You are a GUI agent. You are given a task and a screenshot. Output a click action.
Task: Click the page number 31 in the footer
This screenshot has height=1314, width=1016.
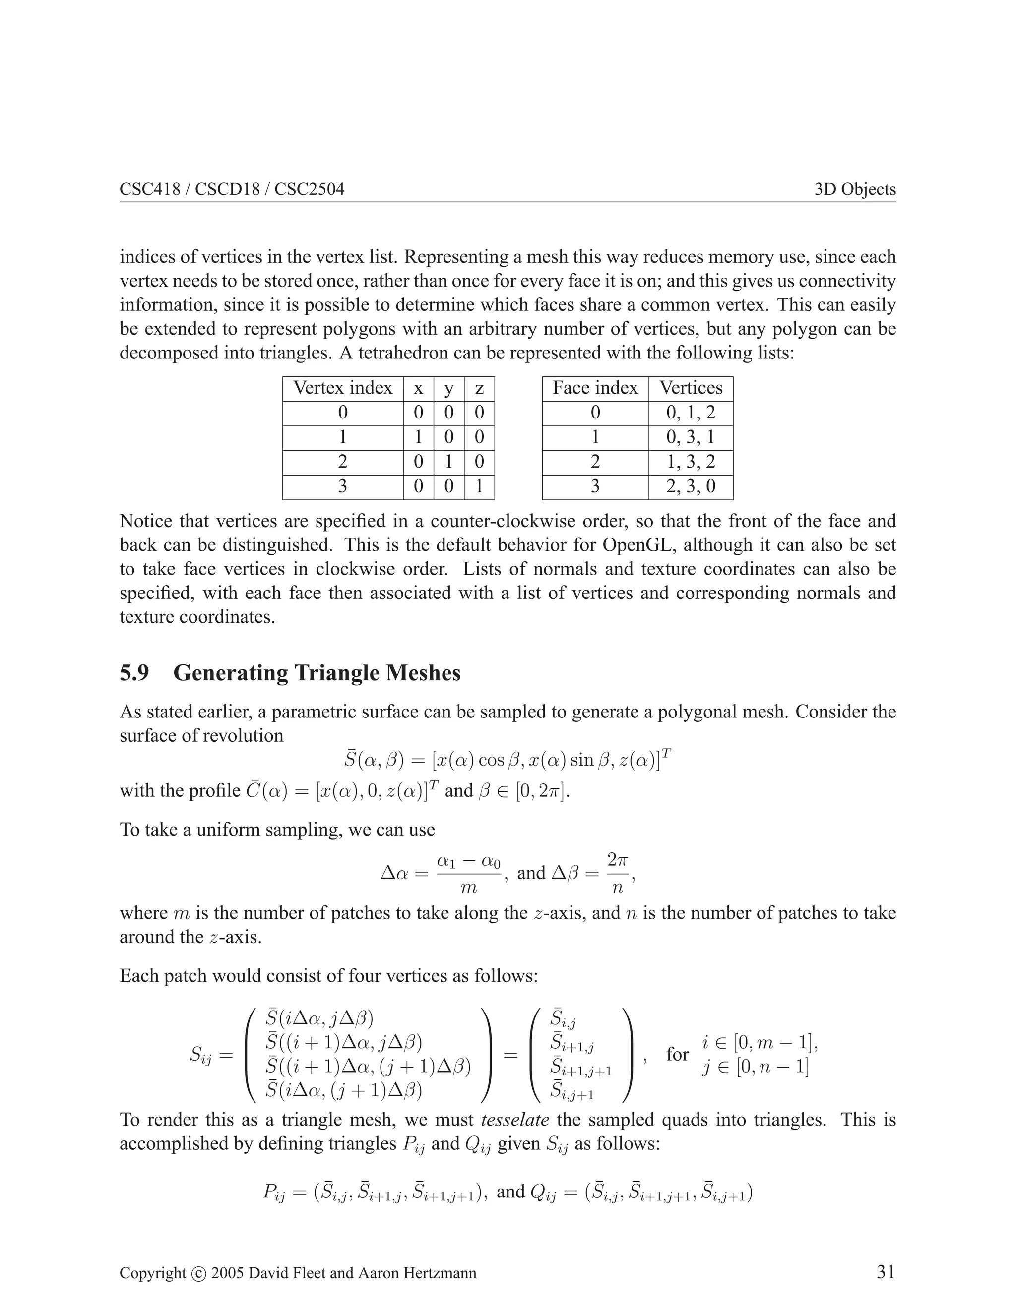(886, 1271)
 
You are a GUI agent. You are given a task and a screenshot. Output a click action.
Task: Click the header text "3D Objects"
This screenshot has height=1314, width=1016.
(855, 189)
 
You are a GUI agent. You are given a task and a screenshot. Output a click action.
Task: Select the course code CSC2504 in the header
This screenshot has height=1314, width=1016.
(310, 189)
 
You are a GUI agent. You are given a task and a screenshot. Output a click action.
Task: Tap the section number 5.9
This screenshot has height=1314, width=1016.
(134, 673)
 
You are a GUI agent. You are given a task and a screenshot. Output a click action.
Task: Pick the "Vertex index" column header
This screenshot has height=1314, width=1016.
(342, 388)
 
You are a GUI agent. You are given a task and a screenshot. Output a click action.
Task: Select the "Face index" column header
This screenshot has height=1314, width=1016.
(595, 388)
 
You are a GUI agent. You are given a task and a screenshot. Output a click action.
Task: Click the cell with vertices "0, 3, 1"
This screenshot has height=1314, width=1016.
(691, 437)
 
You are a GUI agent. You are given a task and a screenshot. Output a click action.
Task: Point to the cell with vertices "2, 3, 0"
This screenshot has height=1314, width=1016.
(691, 486)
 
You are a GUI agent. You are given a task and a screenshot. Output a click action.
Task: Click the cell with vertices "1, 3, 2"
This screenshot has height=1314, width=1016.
(691, 462)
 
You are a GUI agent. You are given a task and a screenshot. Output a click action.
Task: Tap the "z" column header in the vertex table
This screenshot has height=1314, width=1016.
(479, 388)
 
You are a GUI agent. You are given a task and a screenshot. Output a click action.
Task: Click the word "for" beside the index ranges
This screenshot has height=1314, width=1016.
(677, 1054)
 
